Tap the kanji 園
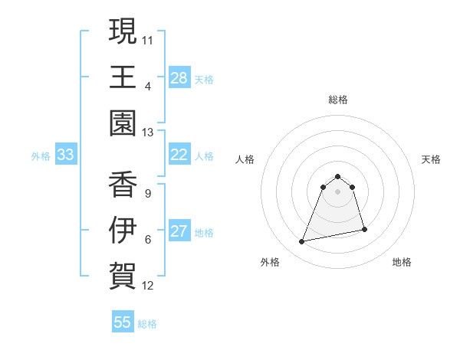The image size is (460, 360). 123,123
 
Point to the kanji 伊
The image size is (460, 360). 123,229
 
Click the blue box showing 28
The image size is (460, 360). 179,77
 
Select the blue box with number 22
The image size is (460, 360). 179,155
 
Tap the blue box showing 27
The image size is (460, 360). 179,231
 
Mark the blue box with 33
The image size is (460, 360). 66,155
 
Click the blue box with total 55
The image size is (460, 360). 123,322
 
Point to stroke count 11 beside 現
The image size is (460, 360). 148,38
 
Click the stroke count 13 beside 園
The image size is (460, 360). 148,133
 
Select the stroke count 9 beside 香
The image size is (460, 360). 148,193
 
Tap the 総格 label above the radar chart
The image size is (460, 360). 338,100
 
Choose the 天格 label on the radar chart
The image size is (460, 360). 431,159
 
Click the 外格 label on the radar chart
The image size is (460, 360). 270,262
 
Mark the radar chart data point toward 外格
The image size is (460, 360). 302,242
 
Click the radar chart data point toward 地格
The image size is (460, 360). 364,229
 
